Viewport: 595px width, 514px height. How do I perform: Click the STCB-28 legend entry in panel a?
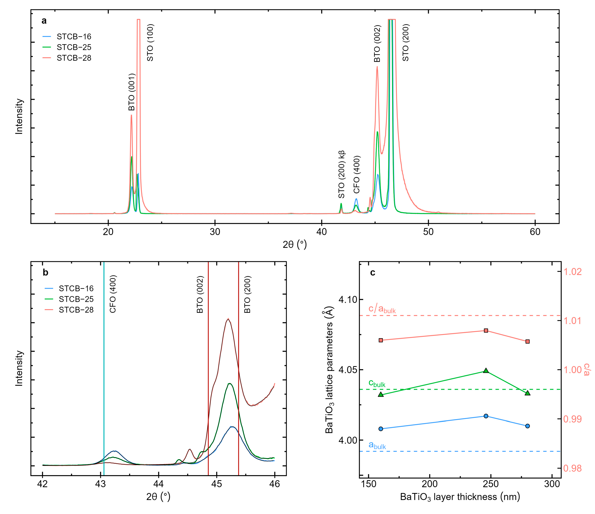click(74, 58)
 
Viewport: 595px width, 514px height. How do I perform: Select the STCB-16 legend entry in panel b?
click(76, 288)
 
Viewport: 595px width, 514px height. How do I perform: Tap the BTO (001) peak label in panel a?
click(132, 92)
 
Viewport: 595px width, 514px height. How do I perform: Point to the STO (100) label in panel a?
click(150, 43)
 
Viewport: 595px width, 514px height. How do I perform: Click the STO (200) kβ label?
click(341, 174)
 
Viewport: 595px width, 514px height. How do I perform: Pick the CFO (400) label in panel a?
click(357, 175)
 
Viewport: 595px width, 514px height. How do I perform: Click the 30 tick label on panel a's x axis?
click(215, 232)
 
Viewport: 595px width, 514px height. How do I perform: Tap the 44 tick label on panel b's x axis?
click(159, 484)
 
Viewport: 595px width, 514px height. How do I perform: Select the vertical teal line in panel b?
click(104, 373)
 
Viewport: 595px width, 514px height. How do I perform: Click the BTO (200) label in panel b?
click(248, 294)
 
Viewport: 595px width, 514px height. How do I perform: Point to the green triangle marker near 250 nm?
click(486, 371)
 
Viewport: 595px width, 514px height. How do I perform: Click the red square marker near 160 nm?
click(381, 340)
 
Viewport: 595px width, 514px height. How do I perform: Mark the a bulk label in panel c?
click(377, 445)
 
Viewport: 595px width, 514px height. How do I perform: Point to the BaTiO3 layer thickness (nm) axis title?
click(460, 497)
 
